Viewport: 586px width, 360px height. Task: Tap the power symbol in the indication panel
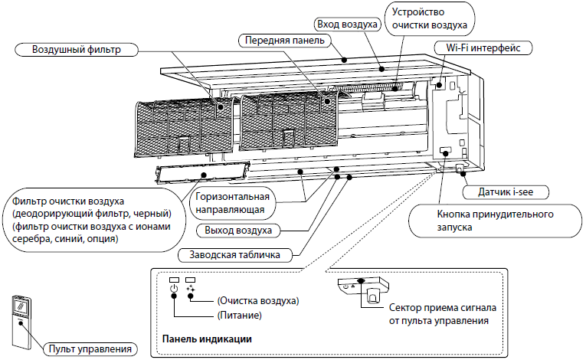(175, 290)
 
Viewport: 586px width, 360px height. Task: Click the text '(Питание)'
(241, 315)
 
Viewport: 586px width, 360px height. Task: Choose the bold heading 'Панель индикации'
(207, 338)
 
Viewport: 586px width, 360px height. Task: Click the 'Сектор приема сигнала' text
(442, 307)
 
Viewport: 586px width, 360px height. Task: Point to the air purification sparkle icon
(191, 290)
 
